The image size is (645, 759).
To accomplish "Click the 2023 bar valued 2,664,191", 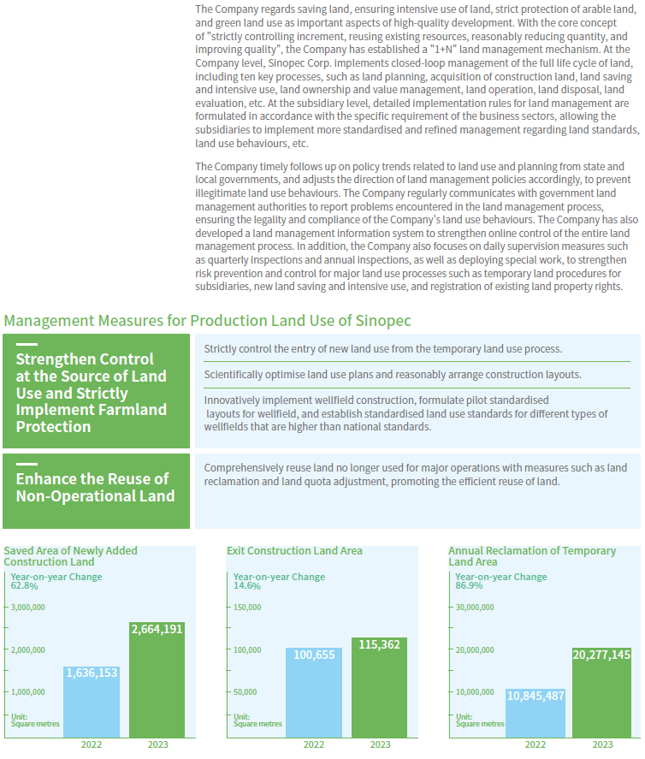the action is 157,679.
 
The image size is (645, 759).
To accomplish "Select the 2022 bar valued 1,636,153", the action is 92,702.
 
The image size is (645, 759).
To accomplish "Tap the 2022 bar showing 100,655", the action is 314,693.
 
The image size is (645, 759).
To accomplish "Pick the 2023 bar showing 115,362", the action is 379,687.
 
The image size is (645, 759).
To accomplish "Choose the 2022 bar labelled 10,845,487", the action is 536,714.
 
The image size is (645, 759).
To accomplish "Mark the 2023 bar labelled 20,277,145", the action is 602,693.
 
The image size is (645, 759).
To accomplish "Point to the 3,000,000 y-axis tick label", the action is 28,608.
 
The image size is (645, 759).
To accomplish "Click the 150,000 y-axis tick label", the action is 247,608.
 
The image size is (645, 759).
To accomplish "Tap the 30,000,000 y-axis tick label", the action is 475,608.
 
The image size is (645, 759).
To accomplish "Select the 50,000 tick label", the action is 246,692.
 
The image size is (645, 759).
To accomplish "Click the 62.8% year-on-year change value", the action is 24,586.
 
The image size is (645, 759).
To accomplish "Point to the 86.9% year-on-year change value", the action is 469,585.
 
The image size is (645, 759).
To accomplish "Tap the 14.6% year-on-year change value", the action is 246,586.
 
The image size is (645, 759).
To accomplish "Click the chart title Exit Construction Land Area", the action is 294,551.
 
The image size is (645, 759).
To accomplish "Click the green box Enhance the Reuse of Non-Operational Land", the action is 97,491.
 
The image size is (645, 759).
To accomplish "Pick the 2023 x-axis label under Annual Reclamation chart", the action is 602,745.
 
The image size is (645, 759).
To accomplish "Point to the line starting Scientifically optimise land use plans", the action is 393,375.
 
